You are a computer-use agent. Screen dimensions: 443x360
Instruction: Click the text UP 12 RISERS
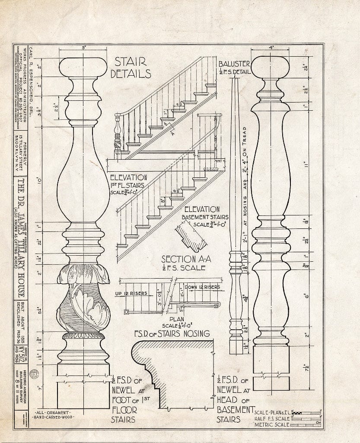coord(131,293)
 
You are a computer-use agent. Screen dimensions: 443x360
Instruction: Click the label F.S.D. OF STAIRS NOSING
coord(172,334)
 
